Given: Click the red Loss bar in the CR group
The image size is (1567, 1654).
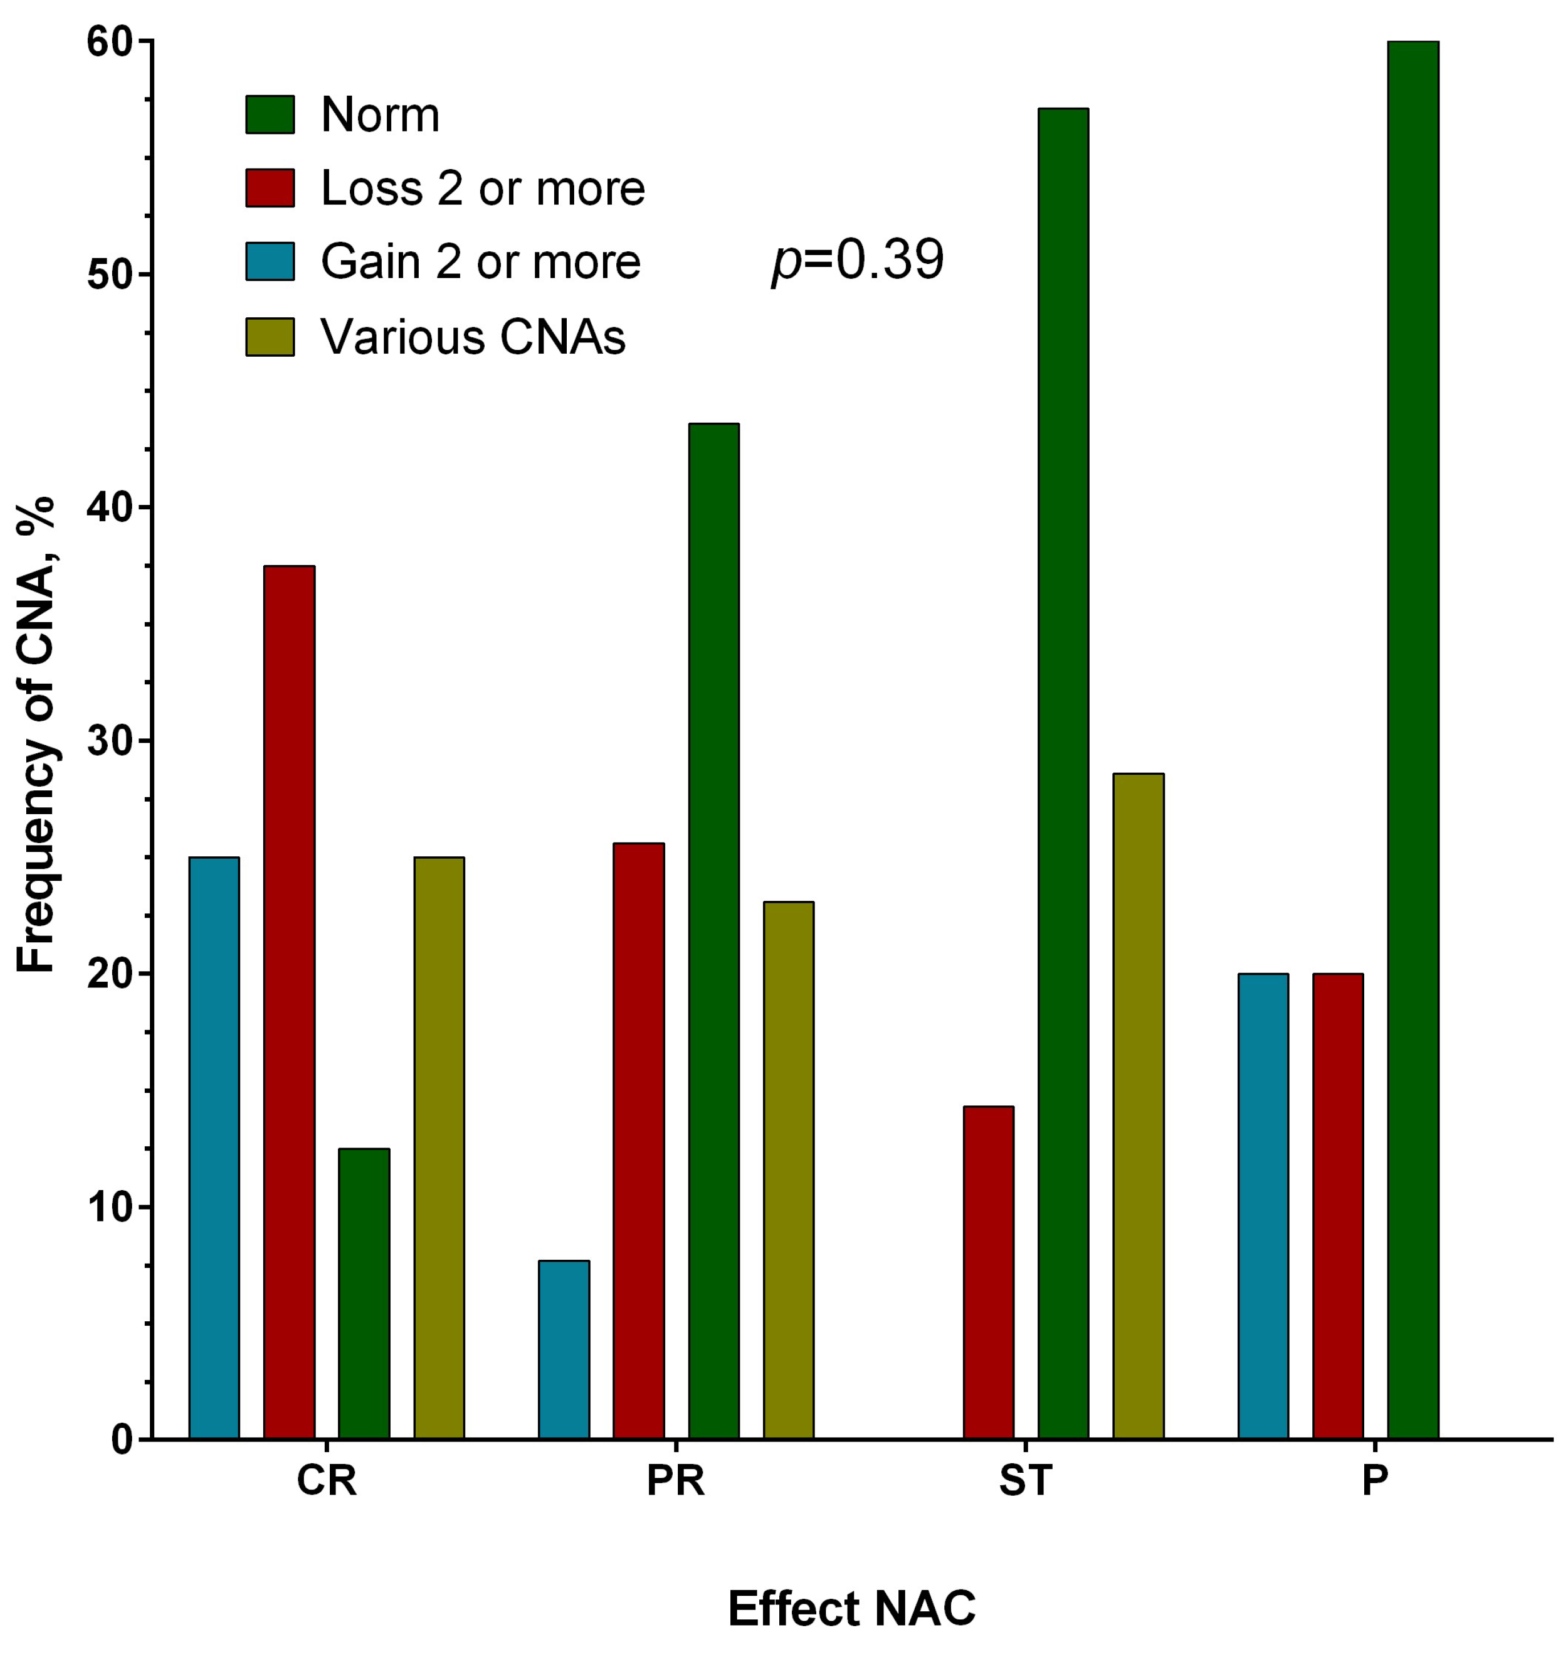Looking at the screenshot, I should (289, 1002).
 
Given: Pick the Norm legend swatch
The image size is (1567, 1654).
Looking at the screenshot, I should (270, 115).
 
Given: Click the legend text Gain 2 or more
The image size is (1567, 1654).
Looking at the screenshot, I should (480, 262).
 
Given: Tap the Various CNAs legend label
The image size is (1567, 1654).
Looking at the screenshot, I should (473, 337).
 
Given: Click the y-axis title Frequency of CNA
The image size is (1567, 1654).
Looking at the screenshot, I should (35, 735).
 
